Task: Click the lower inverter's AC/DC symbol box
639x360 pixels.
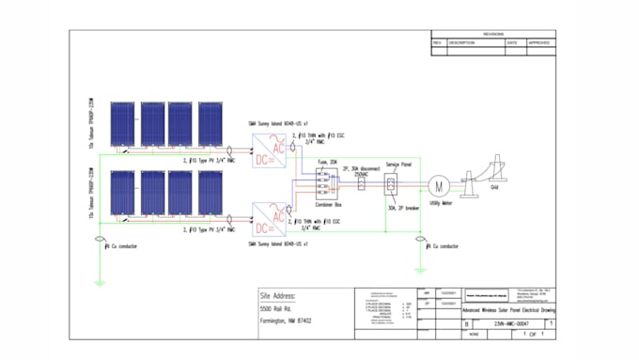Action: click(265, 218)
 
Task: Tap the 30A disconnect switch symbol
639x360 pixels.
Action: click(362, 180)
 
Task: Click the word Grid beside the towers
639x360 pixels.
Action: click(495, 186)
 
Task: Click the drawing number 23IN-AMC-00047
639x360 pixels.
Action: click(512, 323)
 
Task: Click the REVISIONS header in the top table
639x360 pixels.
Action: click(493, 34)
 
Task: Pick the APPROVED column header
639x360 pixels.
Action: click(539, 42)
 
